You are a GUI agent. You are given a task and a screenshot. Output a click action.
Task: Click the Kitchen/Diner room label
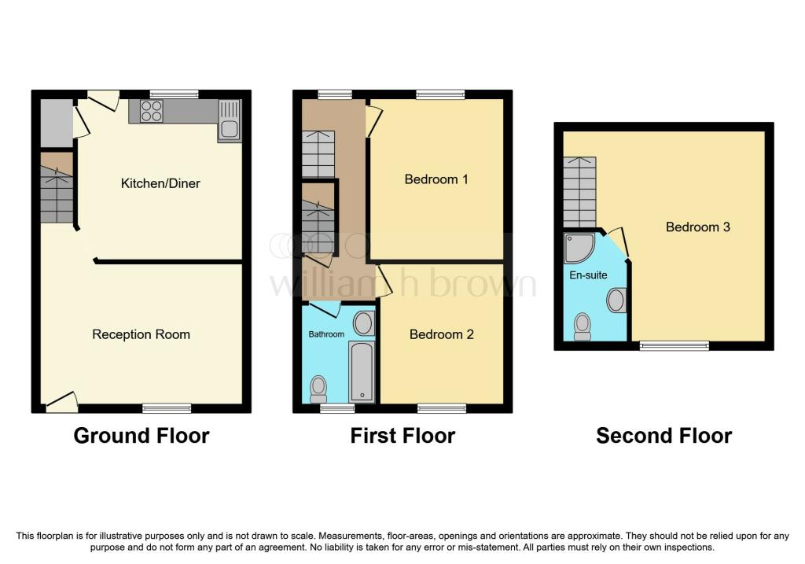coord(160,183)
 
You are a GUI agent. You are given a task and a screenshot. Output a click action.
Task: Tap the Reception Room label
coord(142,334)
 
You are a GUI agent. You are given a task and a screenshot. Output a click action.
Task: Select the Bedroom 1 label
coord(436,179)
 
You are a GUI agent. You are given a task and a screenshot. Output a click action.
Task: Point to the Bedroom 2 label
coord(441,334)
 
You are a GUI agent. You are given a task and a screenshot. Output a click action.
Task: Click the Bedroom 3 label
coord(698,227)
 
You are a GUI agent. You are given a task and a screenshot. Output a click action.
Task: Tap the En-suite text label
coord(583,276)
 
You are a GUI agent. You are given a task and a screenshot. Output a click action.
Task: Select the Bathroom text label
coord(326,334)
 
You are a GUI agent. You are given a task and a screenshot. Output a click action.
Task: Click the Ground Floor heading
coord(142,435)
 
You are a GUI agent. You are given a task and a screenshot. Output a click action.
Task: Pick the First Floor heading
coord(402,435)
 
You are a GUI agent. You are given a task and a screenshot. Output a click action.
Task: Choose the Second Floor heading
coord(663,435)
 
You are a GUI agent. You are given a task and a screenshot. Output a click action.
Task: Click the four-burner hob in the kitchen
coord(152,112)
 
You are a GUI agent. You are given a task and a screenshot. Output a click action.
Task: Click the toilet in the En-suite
coord(583,325)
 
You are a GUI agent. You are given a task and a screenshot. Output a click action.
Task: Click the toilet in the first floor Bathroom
coord(318,386)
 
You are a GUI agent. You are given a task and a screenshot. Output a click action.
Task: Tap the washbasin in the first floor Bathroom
coord(363,323)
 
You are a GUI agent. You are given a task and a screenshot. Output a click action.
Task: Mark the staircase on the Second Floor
coord(579,191)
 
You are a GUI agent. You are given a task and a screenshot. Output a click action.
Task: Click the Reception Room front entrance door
coord(62,402)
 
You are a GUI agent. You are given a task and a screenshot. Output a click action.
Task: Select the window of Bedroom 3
coord(674,345)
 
